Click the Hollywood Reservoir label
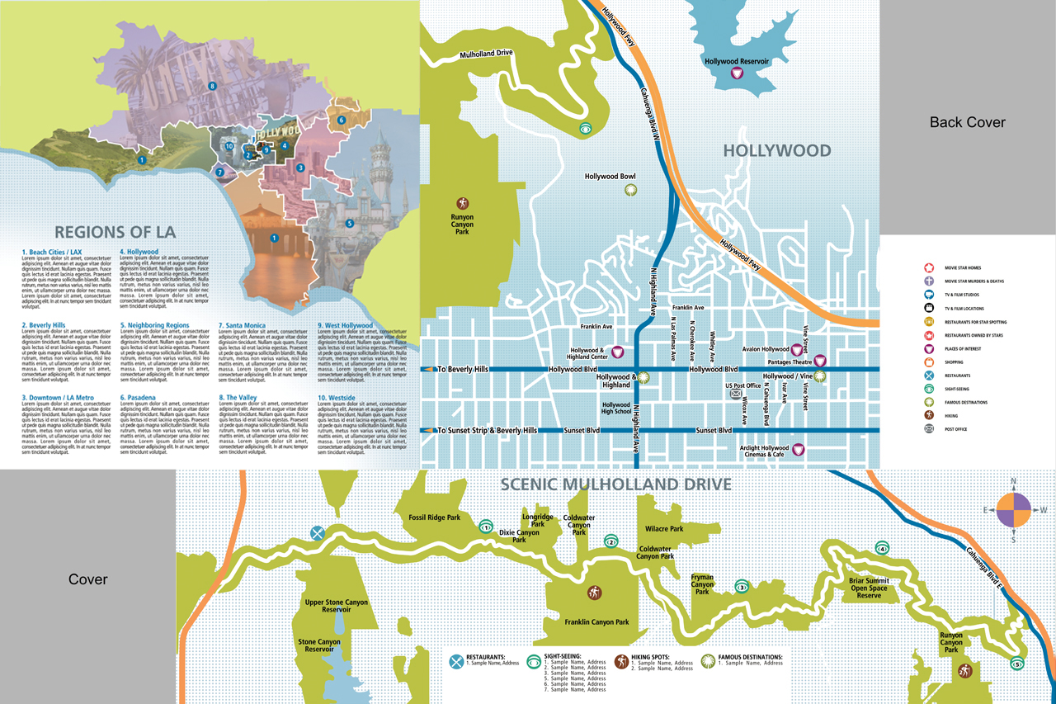[737, 61]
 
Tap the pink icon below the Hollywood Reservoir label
[738, 74]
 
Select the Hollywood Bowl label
[610, 177]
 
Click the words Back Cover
[967, 122]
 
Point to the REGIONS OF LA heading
[115, 232]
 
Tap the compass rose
[1013, 510]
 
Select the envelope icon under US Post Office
[736, 395]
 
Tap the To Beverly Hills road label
[466, 369]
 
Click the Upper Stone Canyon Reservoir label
[336, 607]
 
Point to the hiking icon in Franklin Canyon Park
[595, 593]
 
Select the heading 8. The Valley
[238, 398]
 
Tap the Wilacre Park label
[663, 529]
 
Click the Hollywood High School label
[616, 408]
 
